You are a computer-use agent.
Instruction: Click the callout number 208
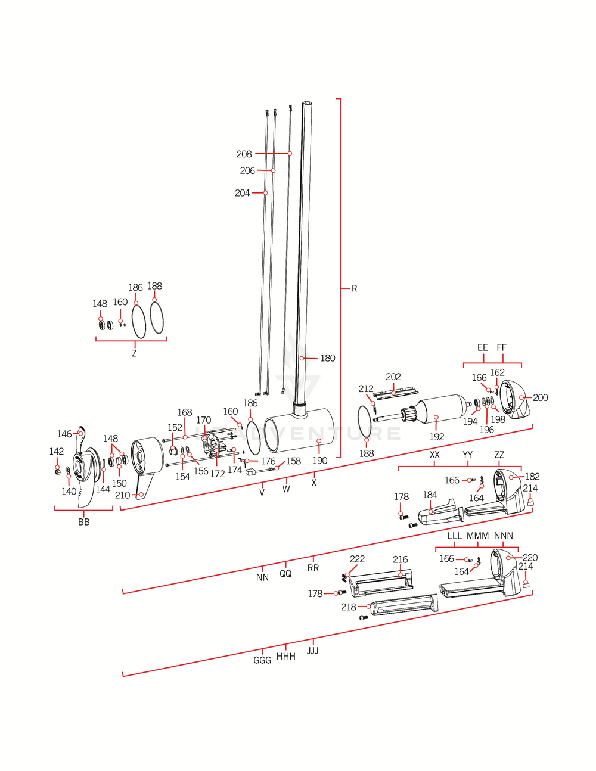click(244, 154)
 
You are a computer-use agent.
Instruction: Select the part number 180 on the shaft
click(328, 358)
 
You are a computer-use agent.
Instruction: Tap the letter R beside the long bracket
click(354, 288)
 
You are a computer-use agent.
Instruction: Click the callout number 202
click(393, 377)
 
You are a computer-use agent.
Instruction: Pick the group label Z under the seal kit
click(134, 353)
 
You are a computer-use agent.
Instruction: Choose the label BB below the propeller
click(84, 522)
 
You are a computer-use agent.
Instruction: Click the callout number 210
click(122, 495)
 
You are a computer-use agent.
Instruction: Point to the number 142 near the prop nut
click(57, 452)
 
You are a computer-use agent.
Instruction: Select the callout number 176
click(268, 461)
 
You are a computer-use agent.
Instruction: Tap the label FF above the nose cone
click(501, 347)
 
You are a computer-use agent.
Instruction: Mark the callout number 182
click(532, 477)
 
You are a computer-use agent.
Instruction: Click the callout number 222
click(357, 559)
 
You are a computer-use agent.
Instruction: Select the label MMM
click(477, 536)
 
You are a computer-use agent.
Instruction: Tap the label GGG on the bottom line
click(262, 660)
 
